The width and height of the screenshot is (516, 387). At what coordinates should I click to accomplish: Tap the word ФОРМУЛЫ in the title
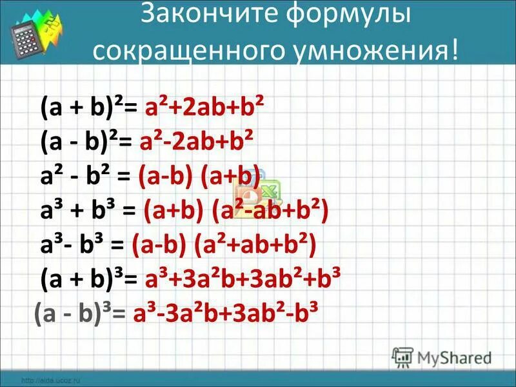click(x=348, y=16)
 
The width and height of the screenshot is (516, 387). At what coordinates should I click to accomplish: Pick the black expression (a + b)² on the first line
click(x=79, y=107)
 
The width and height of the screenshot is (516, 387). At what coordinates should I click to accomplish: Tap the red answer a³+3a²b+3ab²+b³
click(x=243, y=279)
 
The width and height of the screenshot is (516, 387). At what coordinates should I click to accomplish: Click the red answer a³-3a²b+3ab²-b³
click(x=226, y=314)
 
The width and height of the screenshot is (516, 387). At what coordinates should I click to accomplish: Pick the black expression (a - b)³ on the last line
click(x=72, y=314)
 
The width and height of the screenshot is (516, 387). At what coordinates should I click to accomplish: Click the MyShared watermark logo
click(x=442, y=357)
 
